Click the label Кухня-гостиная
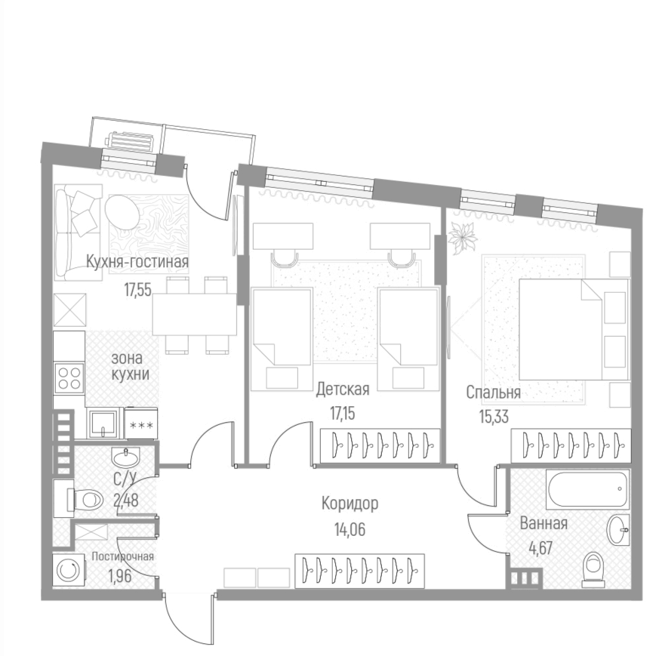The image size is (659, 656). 137,263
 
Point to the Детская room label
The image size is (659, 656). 342,390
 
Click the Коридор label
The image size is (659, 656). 350,504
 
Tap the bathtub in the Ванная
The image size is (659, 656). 587,491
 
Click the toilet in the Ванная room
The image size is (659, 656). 593,568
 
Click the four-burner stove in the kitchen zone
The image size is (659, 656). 69,377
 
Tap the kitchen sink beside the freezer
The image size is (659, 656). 103,423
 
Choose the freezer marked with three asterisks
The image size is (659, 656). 140,425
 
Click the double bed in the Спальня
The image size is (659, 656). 572,328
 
